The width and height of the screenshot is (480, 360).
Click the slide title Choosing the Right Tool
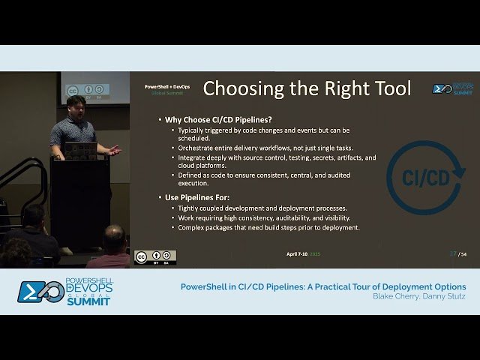coord(307,88)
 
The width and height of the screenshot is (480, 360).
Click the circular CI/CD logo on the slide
coord(424,177)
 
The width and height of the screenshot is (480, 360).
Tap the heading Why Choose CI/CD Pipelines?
coord(214,119)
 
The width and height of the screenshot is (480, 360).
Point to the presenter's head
coord(76,106)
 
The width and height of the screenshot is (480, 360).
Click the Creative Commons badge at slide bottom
coord(155,257)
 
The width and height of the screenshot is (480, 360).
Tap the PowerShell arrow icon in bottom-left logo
coord(31,291)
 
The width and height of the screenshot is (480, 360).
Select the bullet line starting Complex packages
coord(268,227)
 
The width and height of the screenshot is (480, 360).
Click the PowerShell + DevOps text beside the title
coord(166,87)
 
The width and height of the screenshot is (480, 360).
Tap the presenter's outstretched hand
coord(113,150)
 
